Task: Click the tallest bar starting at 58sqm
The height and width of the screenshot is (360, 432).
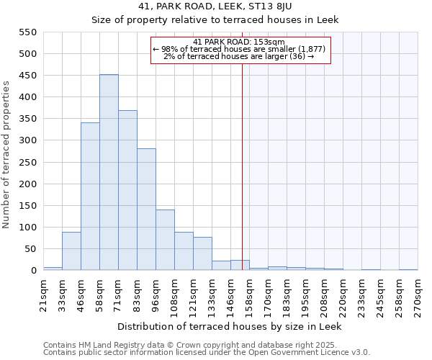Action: [x=109, y=173]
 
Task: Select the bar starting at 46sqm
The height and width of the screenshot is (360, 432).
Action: [x=90, y=197]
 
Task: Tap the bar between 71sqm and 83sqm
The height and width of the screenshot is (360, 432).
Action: [x=127, y=191]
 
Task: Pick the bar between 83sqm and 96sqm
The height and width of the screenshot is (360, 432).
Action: [x=146, y=210]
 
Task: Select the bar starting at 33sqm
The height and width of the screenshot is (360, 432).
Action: [x=71, y=251]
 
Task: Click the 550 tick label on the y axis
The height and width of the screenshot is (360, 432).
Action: [x=27, y=32]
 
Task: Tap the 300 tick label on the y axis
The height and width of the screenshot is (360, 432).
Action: [x=27, y=140]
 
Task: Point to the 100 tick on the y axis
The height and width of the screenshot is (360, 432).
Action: [x=27, y=228]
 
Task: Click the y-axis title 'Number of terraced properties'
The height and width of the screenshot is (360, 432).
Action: [x=6, y=155]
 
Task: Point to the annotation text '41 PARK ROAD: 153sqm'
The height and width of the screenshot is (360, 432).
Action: [x=240, y=42]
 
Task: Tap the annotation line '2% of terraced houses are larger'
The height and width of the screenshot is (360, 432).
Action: [x=240, y=56]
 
